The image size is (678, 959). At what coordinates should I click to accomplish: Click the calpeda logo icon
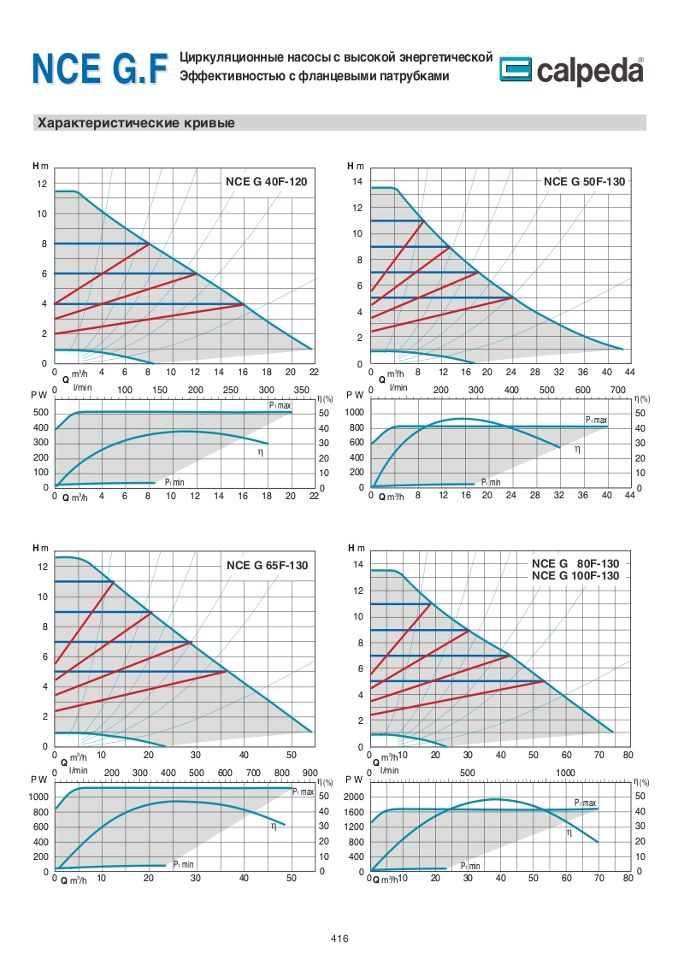516,73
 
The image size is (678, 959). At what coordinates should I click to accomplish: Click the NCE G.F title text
99,71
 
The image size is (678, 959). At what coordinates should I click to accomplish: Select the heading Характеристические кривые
135,123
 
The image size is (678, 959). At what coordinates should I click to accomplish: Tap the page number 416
339,938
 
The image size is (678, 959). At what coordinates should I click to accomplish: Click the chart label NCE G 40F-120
266,182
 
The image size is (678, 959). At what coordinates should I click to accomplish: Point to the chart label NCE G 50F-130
584,182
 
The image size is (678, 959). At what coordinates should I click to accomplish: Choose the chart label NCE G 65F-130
267,565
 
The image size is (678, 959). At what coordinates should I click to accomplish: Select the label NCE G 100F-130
575,576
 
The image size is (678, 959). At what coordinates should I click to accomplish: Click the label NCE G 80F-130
575,564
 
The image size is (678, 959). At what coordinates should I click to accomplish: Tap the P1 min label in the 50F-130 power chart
489,482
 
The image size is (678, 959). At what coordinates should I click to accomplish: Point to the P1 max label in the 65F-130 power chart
304,792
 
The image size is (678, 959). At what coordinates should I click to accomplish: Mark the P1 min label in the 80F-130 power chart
469,866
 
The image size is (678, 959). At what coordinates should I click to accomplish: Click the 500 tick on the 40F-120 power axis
40,413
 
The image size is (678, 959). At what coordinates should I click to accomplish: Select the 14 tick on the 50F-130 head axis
358,182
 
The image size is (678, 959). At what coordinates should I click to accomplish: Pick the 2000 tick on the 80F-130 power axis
354,797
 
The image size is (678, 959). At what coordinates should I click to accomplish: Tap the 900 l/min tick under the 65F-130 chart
310,773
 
